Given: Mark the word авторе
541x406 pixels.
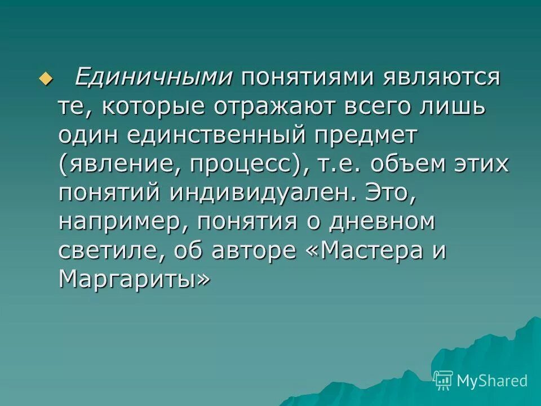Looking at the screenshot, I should [x=252, y=251].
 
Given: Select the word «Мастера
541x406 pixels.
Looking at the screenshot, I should [x=363, y=251].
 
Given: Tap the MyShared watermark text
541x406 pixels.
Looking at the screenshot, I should [x=492, y=381].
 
